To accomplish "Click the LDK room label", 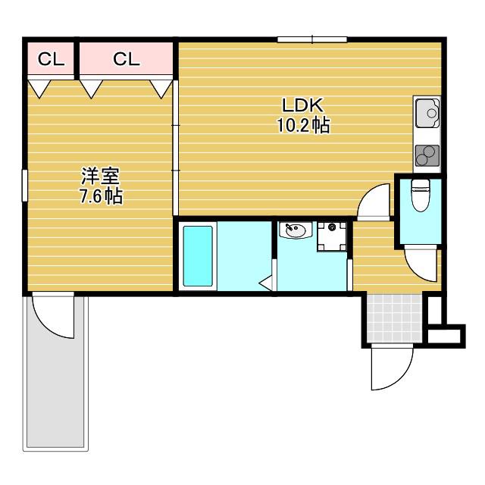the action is [303, 105].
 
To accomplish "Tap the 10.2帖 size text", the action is [303, 125].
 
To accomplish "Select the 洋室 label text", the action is [101, 176].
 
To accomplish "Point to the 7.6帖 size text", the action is [101, 196].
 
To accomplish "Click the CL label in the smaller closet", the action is [51, 59].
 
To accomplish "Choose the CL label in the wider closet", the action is [127, 59].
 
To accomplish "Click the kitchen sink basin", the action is [427, 113].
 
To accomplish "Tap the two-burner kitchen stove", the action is [427, 155].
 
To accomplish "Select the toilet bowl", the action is [421, 196].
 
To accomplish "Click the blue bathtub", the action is [198, 256].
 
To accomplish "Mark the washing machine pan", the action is [332, 236].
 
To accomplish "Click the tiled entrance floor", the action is [395, 318].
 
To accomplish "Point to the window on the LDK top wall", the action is [312, 39].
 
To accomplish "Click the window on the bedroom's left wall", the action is [24, 186].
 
